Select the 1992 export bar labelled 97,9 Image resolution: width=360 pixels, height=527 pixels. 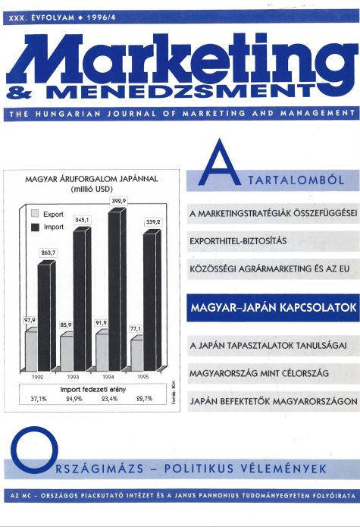(31, 348)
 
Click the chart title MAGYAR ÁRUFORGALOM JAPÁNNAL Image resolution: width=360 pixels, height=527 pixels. (89, 180)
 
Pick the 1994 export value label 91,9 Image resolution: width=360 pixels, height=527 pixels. (100, 323)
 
